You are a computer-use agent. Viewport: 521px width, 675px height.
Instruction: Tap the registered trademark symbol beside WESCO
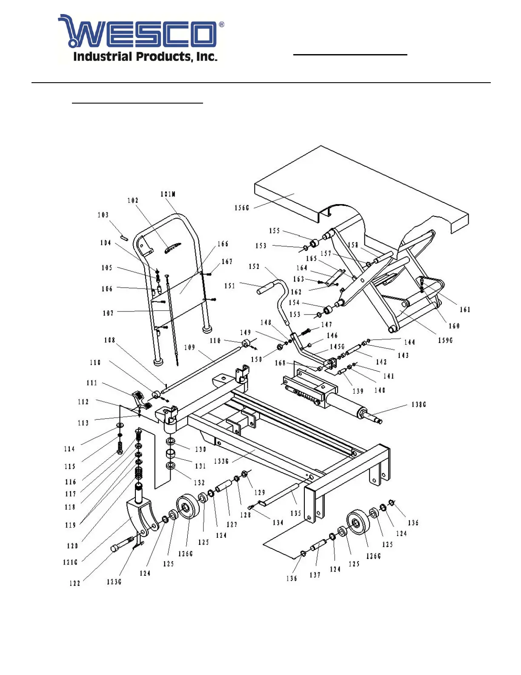click(222, 25)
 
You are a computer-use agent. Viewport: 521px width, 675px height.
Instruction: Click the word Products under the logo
click(164, 57)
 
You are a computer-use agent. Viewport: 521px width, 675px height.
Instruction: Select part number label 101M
click(168, 194)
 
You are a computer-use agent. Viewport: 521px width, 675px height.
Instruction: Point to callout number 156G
click(242, 208)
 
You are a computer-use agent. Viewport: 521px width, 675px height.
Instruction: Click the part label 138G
click(419, 404)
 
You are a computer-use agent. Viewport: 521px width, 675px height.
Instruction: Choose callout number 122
click(75, 583)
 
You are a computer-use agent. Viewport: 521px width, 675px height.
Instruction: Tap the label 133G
click(222, 461)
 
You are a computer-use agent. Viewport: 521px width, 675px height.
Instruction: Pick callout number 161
click(465, 310)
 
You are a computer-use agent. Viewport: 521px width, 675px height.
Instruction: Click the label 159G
click(446, 340)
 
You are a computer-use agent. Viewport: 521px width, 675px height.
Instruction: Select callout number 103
click(103, 215)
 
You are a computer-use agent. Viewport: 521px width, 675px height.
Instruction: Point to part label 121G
click(70, 562)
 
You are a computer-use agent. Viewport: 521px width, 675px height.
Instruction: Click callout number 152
click(254, 266)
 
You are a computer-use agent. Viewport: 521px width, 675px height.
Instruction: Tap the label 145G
click(337, 346)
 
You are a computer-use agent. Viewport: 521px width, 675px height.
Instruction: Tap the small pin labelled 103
click(124, 238)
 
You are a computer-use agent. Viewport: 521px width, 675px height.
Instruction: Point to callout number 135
click(296, 513)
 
